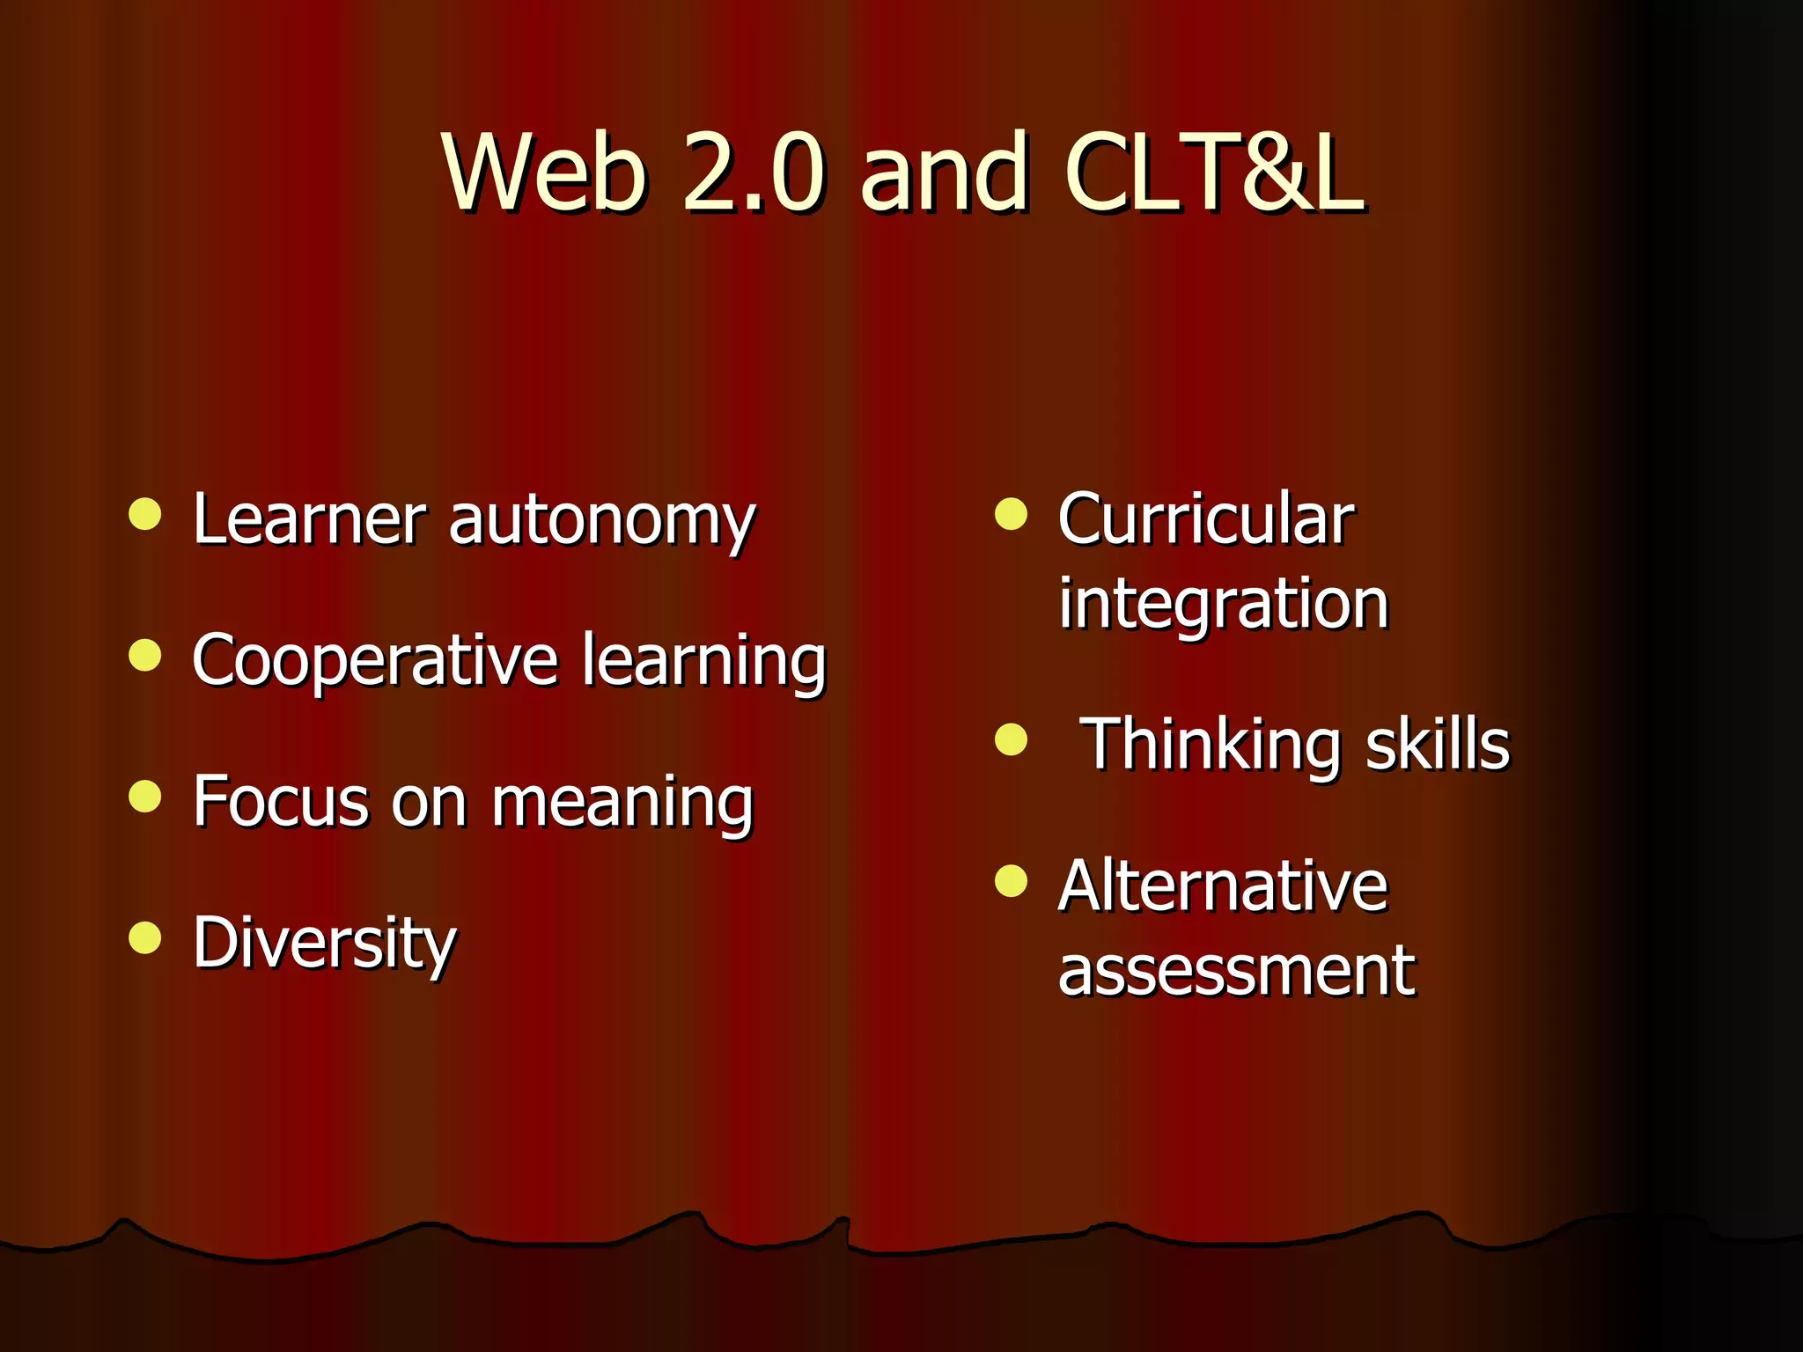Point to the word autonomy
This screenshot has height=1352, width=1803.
[602, 521]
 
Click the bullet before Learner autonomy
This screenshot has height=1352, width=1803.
[145, 514]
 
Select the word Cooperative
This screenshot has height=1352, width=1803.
[375, 662]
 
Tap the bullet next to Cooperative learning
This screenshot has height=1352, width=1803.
[145, 655]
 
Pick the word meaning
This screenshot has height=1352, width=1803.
[622, 803]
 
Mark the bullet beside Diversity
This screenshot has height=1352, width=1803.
[145, 937]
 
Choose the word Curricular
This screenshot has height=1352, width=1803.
[1206, 519]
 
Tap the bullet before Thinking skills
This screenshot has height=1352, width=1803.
[1011, 739]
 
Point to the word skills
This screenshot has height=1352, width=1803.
[1437, 745]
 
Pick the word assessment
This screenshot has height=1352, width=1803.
[1237, 970]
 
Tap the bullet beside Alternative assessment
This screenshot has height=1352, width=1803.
[1011, 880]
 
